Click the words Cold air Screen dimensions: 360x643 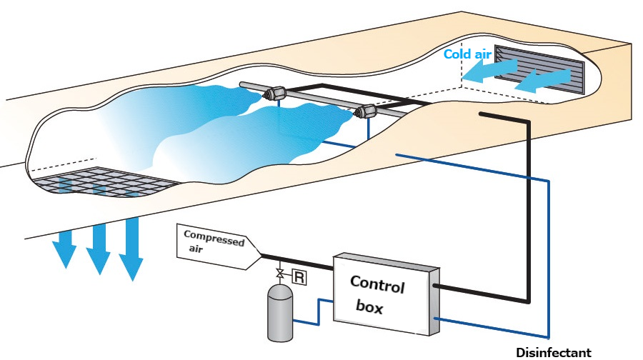[x=466, y=54]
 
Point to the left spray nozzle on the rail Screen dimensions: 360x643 [x=275, y=92]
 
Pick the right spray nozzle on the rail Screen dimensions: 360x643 [x=367, y=111]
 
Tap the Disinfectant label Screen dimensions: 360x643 [x=554, y=352]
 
